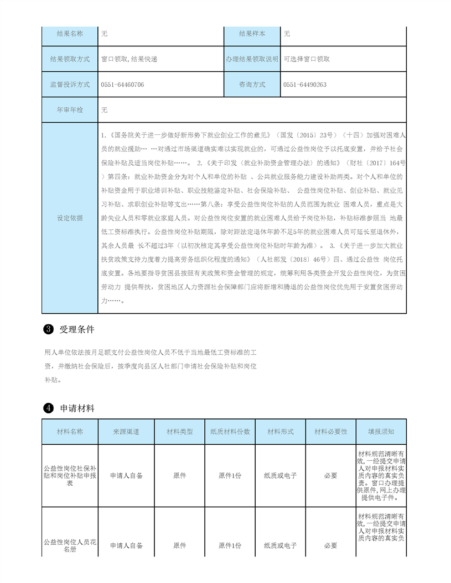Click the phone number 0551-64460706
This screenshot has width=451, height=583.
point(122,85)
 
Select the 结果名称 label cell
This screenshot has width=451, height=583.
point(70,34)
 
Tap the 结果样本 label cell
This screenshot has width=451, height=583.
point(252,34)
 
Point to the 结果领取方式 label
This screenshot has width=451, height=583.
point(70,59)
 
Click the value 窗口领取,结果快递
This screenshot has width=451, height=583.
point(129,59)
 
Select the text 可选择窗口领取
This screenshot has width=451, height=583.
point(307,59)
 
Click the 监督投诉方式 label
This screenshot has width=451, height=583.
point(70,85)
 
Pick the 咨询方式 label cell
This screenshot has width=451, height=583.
point(252,85)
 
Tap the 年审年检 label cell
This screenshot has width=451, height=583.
point(70,110)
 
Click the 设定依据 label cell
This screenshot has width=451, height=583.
point(70,218)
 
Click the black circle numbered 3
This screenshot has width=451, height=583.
point(48,330)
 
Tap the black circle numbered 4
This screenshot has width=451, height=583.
point(48,409)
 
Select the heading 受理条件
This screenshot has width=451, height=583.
point(77,330)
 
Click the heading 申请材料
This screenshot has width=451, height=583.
point(77,408)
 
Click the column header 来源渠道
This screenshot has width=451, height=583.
point(126,432)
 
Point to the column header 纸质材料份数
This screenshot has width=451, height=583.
point(230,432)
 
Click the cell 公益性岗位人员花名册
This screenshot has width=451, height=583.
point(70,545)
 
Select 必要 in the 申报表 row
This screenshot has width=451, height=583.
point(330,476)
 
